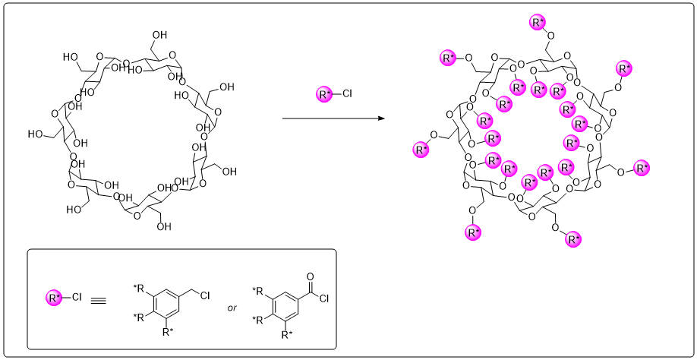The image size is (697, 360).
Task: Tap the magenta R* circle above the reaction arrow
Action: tap(323, 95)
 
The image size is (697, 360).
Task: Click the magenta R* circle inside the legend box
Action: tap(54, 298)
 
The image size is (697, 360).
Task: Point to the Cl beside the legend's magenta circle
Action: tap(77, 298)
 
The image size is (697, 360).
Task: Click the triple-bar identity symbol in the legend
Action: tap(98, 298)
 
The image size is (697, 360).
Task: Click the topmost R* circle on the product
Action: tap(538, 22)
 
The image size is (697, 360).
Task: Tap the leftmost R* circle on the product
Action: tap(421, 149)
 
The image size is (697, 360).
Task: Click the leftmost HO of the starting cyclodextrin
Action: tap(35, 134)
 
